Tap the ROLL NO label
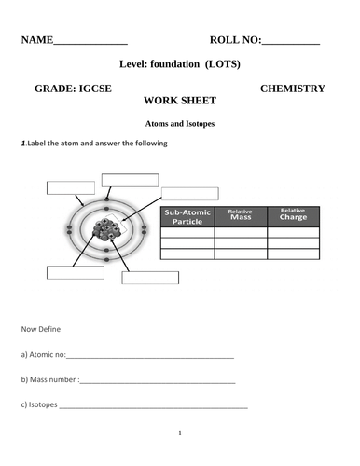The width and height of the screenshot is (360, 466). click(x=235, y=40)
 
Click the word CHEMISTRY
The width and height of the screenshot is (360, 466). click(x=292, y=89)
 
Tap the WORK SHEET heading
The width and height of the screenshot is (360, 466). click(x=180, y=101)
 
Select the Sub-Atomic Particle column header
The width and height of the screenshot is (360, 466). click(x=187, y=216)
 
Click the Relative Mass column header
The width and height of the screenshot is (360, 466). click(x=241, y=215)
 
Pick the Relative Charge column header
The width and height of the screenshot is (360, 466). click(x=293, y=215)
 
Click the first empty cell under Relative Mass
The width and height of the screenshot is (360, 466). click(x=241, y=234)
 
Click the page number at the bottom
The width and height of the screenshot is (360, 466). click(x=180, y=432)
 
